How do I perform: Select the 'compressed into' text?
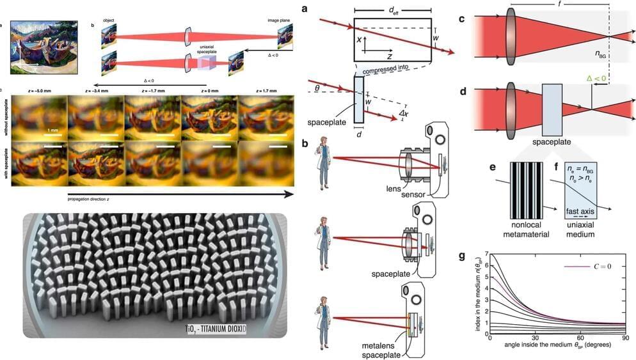point(386,70)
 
